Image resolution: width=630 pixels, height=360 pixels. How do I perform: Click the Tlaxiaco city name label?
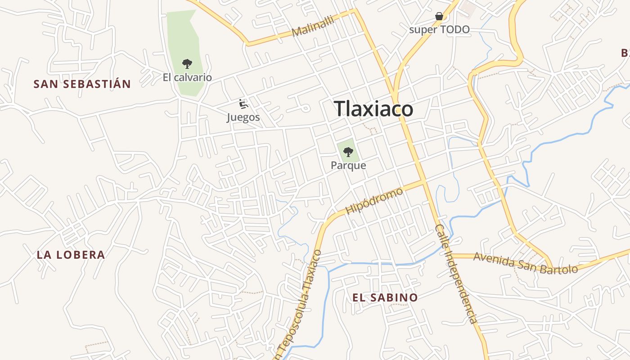coord(373,109)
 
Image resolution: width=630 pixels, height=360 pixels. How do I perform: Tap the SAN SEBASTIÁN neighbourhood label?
coord(82,84)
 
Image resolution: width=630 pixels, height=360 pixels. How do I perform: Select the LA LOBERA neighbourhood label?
coord(71,255)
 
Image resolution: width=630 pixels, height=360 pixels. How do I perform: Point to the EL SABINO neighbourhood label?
coord(385,297)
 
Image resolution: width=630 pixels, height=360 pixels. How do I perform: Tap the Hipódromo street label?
coord(374,201)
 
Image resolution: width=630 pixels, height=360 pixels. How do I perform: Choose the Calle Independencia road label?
coord(455,274)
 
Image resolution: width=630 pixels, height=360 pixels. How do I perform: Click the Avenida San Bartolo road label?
coord(526,263)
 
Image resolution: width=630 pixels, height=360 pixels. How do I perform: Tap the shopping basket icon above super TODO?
coord(439,17)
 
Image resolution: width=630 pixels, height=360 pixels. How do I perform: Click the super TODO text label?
coord(439,30)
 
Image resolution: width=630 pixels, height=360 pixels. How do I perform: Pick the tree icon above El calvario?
coord(187,64)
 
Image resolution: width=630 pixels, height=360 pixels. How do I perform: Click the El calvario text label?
coord(187,77)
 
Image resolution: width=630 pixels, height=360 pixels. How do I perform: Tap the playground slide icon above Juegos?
coord(243,104)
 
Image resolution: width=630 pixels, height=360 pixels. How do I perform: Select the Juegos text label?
coord(243,117)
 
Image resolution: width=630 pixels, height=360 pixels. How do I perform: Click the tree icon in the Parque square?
coord(348,152)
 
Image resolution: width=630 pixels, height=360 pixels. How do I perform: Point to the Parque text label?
coord(348,165)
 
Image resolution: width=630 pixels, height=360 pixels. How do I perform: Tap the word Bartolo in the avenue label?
coord(560,269)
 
